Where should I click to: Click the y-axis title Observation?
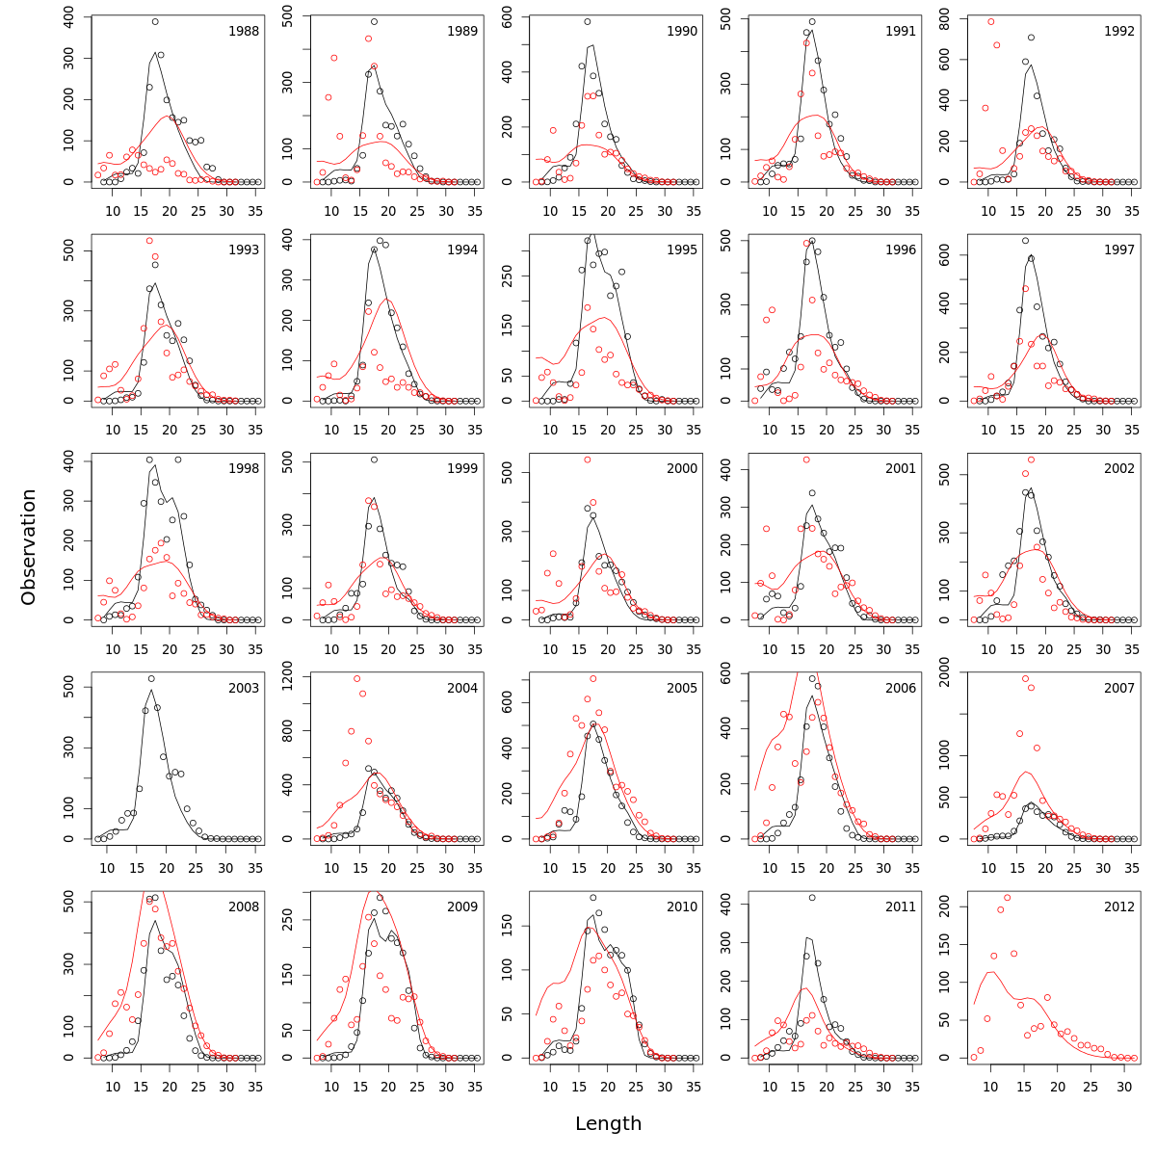[29, 546]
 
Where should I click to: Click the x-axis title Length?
[608, 1123]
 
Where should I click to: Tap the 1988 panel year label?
[243, 31]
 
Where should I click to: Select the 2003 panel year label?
[243, 688]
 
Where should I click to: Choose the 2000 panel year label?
[681, 468]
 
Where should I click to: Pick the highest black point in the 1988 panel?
[155, 21]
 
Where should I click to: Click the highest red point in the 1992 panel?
[990, 21]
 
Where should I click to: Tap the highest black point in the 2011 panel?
[812, 898]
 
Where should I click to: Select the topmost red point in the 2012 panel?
[1007, 898]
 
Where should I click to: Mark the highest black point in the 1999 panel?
[374, 460]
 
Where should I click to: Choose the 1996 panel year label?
[901, 250]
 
